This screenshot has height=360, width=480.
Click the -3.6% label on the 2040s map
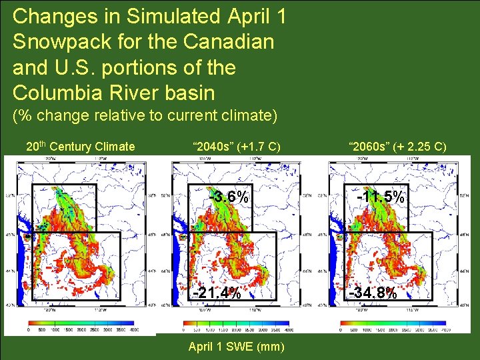click(229, 197)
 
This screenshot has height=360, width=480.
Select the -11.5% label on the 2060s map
click(380, 197)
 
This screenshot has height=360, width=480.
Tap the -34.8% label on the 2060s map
click(373, 293)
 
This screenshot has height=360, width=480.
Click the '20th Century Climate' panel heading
click(80, 147)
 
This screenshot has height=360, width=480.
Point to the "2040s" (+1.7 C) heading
click(236, 147)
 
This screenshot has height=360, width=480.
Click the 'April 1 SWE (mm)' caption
click(236, 347)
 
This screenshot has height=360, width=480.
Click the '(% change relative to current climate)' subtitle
click(145, 116)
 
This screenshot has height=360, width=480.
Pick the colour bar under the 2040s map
click(237, 322)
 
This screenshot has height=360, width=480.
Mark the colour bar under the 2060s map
click(395, 322)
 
